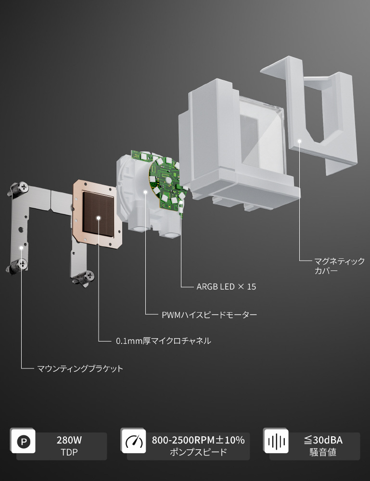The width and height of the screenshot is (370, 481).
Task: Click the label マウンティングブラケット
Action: tap(80, 368)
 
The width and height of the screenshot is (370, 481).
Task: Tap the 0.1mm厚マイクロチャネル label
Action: tap(163, 341)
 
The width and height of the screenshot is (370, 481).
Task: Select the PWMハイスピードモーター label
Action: tap(209, 315)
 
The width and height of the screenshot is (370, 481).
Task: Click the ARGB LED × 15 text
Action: tap(226, 287)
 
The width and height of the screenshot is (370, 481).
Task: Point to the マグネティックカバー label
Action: tap(339, 266)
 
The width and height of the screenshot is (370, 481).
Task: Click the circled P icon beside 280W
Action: tap(24, 442)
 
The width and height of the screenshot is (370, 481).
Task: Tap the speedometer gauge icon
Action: tap(134, 441)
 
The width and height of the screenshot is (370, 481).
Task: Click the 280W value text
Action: tap(69, 440)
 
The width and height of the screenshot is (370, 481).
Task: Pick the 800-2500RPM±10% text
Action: tap(198, 440)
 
